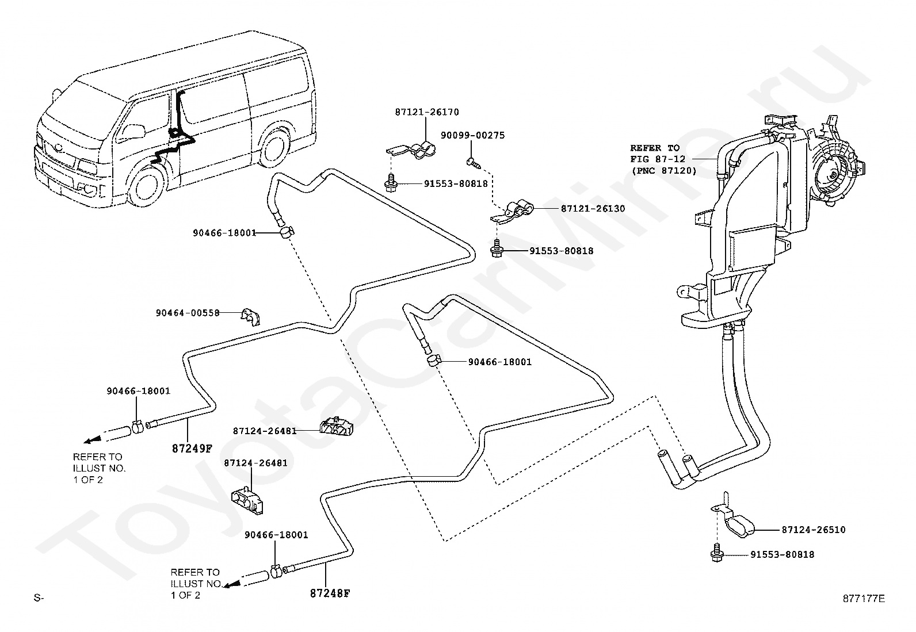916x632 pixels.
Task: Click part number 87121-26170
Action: pos(427,112)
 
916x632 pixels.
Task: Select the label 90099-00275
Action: pos(473,135)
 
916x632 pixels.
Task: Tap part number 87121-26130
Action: pos(593,209)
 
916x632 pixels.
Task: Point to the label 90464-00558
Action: pos(188,313)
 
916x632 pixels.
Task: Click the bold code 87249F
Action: pos(192,449)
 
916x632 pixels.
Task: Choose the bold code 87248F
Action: pos(330,593)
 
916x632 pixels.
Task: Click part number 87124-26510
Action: pos(814,530)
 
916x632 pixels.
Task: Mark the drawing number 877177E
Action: pos(864,599)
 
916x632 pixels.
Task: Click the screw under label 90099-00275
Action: pos(473,162)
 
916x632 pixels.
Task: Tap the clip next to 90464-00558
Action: pos(250,317)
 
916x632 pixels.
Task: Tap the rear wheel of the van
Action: pos(273,148)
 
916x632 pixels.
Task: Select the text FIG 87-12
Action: pos(658,159)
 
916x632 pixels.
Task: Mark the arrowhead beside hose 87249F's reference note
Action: pos(91,441)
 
